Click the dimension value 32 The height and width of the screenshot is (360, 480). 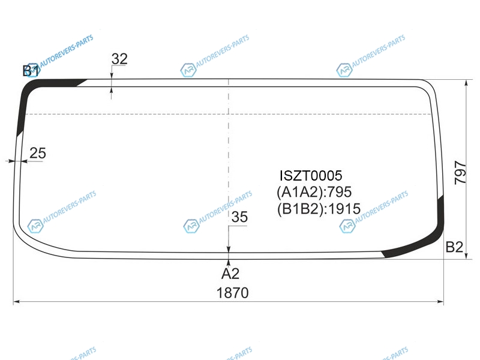coord(119,59)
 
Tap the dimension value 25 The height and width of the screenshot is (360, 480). coord(38,153)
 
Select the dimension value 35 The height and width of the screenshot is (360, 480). coord(239,217)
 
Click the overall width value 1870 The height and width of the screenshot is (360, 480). coord(232,293)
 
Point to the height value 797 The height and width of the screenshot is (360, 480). coord(460,173)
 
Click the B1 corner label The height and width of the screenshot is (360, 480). coord(31,71)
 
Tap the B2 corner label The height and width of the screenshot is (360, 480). coord(454,247)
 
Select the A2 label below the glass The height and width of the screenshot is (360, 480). coord(230,274)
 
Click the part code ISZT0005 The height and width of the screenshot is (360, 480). coord(311,176)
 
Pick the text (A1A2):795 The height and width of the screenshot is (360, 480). coord(314,192)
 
